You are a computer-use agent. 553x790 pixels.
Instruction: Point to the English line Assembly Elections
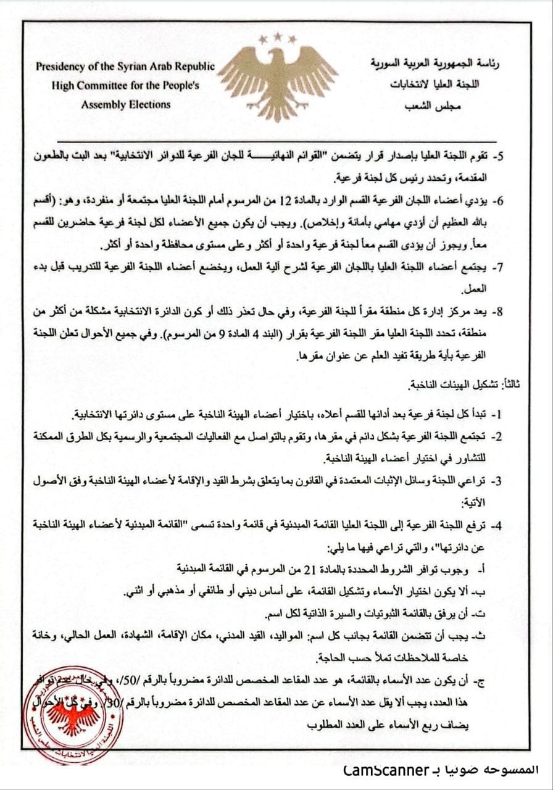click(125, 104)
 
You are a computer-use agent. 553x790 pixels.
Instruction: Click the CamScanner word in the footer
click(387, 770)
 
